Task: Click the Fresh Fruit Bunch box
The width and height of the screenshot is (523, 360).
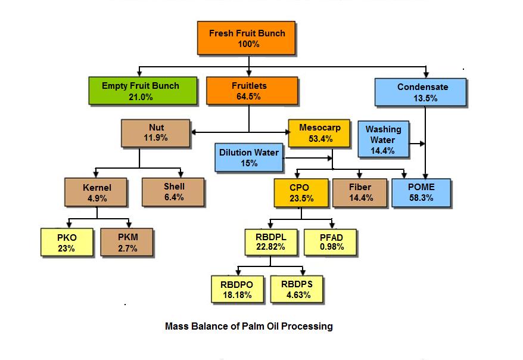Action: pyautogui.click(x=247, y=39)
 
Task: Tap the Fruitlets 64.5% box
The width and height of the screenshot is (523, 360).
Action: pyautogui.click(x=249, y=91)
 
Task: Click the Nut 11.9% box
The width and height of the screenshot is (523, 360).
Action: pyautogui.click(x=155, y=132)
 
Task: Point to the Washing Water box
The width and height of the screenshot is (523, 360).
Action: pyautogui.click(x=383, y=140)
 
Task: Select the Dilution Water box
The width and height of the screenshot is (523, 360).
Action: pyautogui.click(x=248, y=157)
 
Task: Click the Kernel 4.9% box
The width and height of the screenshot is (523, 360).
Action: pyautogui.click(x=96, y=192)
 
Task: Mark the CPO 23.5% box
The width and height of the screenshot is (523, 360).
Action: pyautogui.click(x=300, y=192)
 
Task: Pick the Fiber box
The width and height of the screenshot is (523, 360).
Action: pyautogui.click(x=360, y=192)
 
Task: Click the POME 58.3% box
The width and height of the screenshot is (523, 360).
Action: pyautogui.click(x=421, y=192)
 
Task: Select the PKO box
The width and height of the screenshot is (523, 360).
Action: pyautogui.click(x=66, y=243)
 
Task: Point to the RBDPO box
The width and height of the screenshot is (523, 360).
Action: pyautogui.click(x=236, y=289)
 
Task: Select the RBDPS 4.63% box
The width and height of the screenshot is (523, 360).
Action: pyautogui.click(x=296, y=289)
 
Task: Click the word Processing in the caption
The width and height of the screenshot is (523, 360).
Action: pyautogui.click(x=308, y=327)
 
